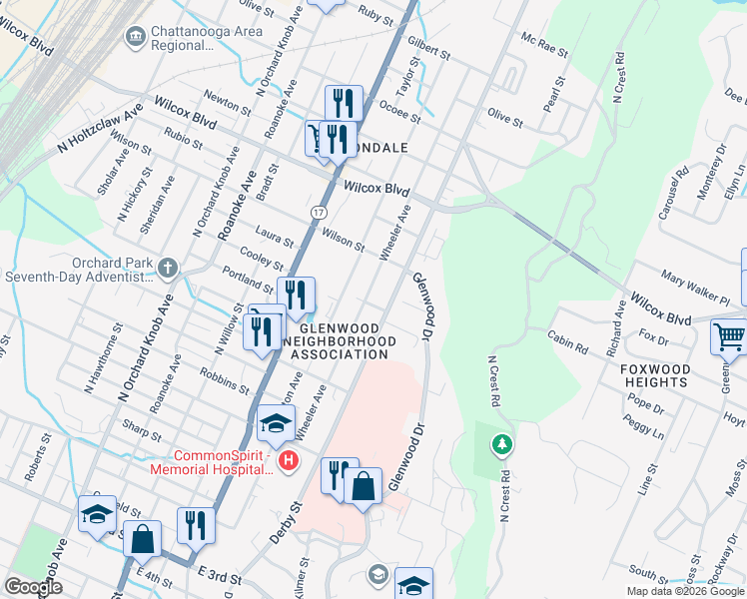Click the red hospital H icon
click(x=289, y=460)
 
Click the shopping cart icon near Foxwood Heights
click(x=729, y=337)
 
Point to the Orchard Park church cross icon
click(x=167, y=268)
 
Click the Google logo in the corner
click(x=33, y=586)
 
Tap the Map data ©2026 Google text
click(x=685, y=591)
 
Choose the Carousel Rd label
click(x=680, y=187)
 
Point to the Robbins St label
click(x=224, y=379)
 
